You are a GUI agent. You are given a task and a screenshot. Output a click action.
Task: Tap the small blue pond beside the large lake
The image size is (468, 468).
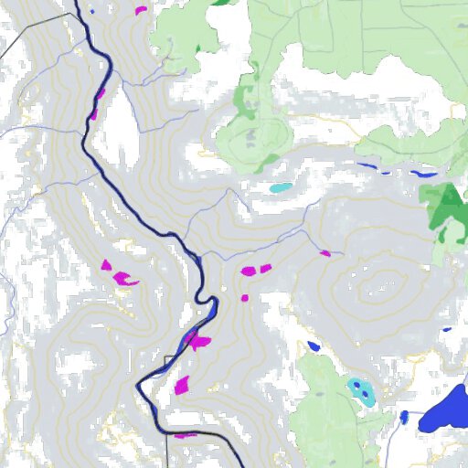point(404,418)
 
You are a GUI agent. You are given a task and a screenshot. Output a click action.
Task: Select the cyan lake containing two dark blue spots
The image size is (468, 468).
point(361,391)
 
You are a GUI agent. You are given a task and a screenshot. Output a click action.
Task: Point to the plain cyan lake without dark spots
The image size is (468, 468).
point(282,187)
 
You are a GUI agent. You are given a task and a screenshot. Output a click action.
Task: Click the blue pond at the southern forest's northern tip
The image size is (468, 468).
point(314,346)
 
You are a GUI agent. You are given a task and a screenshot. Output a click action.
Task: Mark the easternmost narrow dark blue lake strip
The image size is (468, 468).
point(424,174)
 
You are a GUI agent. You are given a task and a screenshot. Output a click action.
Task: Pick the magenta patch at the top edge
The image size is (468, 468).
point(141,10)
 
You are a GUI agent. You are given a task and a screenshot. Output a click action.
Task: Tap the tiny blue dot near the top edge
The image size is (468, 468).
point(91,12)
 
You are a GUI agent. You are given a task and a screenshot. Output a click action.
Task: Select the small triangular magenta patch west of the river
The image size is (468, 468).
point(106,265)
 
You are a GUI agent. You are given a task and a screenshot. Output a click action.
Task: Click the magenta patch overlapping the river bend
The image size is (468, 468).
point(197,342)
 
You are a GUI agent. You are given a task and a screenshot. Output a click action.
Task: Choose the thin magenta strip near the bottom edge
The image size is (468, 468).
point(186,435)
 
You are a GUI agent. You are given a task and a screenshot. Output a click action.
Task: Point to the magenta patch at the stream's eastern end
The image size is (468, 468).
point(324,252)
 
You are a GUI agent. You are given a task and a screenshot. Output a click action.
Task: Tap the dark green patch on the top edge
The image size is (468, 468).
point(222,3)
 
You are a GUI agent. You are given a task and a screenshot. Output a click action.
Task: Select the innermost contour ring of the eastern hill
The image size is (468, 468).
point(376,292)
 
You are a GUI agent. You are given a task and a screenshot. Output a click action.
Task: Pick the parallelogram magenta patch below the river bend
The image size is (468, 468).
point(182,384)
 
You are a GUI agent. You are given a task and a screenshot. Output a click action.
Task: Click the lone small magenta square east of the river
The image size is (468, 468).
point(244,297)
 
